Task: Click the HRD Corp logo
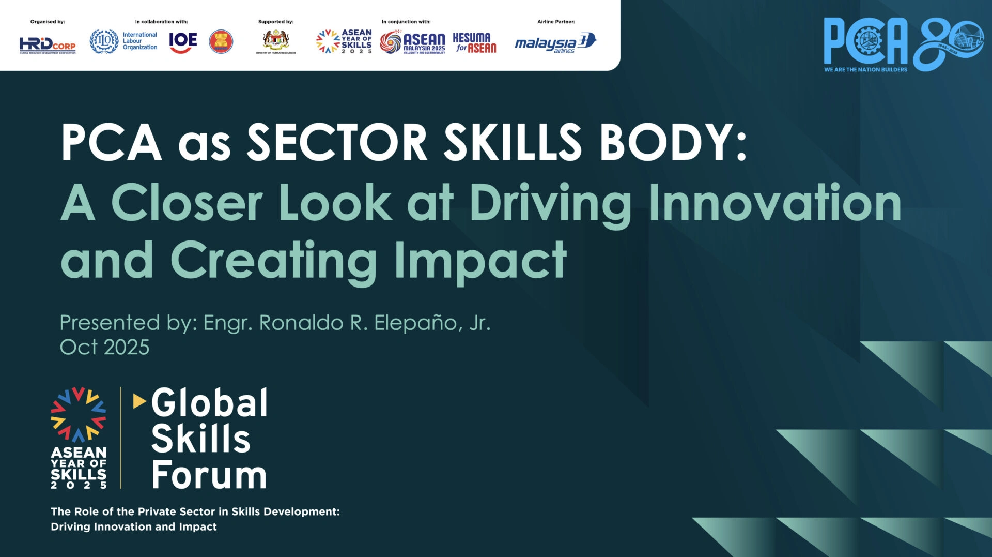[x=48, y=45]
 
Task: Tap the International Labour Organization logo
[x=123, y=41]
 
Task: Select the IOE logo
[x=183, y=42]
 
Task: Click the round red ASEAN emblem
[x=221, y=41]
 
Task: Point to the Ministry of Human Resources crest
[x=276, y=41]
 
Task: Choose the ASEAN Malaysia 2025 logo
[x=412, y=42]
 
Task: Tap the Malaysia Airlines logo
[x=555, y=43]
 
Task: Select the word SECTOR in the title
[x=337, y=142]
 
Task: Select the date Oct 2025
[x=104, y=347]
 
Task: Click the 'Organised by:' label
[x=48, y=22]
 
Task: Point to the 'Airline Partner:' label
[x=556, y=22]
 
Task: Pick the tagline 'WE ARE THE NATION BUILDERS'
[x=865, y=69]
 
